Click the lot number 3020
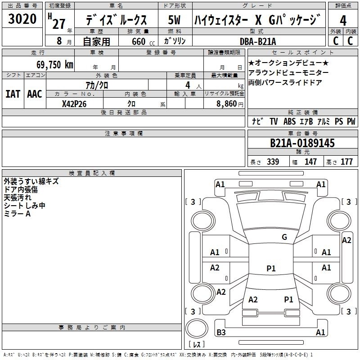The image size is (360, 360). pos(22,19)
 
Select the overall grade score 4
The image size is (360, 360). pos(343,21)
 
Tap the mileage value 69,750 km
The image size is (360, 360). pos(54,65)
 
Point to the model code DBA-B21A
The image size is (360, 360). pos(257,41)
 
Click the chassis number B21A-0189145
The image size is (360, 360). pos(302,143)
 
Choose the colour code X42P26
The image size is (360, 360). pos(74,104)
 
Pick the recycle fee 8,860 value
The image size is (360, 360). pos(226,104)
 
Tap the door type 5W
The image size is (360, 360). pos(174,20)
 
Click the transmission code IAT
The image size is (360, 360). pos(13,94)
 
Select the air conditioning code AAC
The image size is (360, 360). pos(35,94)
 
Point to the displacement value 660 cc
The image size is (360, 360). pos(143,41)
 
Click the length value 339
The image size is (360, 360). pos(273,162)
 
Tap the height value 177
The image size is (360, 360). pos(346,162)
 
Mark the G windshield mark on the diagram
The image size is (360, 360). pos(284,237)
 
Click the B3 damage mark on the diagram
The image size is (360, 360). pos(221,332)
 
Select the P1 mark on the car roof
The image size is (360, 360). pos(271,268)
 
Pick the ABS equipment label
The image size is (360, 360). pos(289,121)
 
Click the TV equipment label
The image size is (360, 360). pos(274,121)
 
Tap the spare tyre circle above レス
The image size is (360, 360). pos(197,328)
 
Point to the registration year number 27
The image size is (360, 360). pos(59,24)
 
